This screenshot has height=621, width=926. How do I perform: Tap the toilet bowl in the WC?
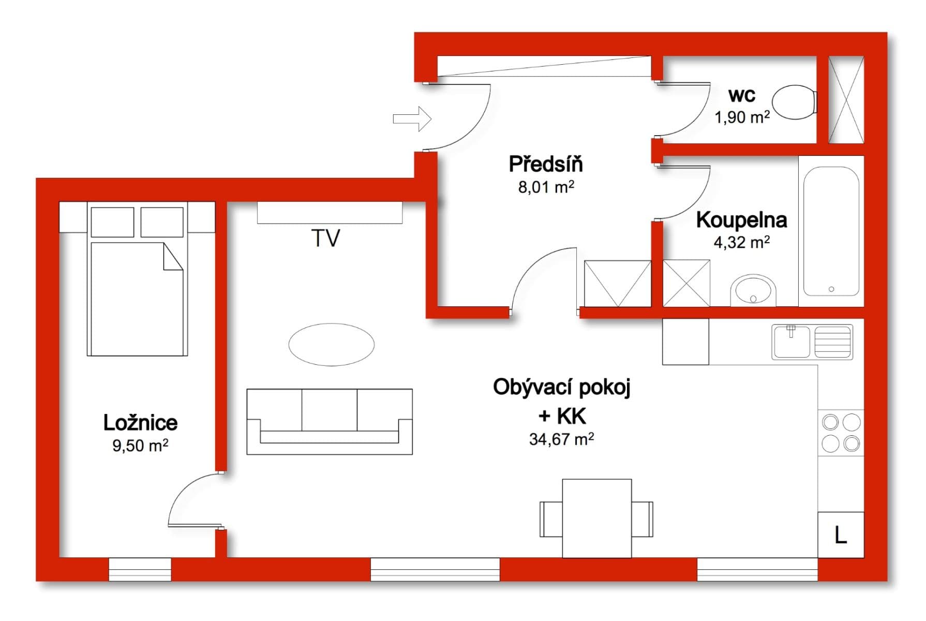coord(794,102)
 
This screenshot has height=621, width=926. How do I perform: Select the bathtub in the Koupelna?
coord(831,231)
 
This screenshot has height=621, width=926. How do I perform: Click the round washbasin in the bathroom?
coord(753,291)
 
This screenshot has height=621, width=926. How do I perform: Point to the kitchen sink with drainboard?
coord(812,342)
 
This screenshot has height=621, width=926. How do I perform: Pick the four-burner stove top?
coord(841,433)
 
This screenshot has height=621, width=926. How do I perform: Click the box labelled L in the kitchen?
coord(841,535)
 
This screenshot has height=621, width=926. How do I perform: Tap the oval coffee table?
coord(331,345)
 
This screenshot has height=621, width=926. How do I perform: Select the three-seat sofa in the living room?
coord(330,422)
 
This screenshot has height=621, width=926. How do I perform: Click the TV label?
coord(326,239)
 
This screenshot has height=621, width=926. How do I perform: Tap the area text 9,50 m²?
coord(140,446)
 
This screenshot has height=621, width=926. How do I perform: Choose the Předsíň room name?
coord(546,164)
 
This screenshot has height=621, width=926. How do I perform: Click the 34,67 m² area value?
coord(561,439)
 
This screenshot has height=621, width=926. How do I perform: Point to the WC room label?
coord(741,95)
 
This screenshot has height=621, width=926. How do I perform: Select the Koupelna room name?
coord(741,220)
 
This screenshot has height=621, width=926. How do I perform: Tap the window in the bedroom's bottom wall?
coord(140,569)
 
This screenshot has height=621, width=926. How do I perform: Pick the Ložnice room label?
coord(140,423)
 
